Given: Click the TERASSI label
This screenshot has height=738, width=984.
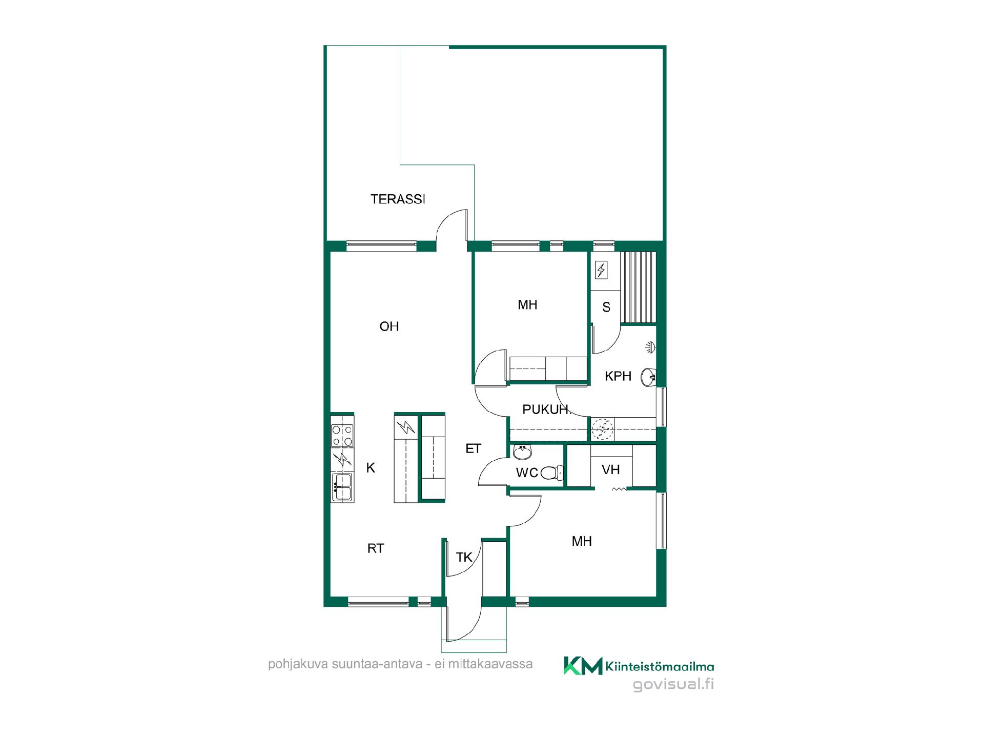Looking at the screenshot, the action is click(x=398, y=199).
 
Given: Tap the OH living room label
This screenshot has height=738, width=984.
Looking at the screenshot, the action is click(x=389, y=326).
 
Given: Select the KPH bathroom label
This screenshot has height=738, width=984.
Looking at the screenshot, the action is click(x=618, y=376).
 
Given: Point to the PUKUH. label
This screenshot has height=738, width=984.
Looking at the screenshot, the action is click(x=546, y=409).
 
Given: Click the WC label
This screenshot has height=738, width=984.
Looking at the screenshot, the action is click(x=527, y=473).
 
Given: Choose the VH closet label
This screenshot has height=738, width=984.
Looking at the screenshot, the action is click(x=611, y=469).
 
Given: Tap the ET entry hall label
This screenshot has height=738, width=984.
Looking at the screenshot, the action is click(x=473, y=449).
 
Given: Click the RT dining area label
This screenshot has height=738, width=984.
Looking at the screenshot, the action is click(x=376, y=548).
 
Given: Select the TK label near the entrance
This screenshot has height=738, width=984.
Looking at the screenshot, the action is click(x=464, y=558).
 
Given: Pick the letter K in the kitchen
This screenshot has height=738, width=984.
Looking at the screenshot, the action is click(x=371, y=467).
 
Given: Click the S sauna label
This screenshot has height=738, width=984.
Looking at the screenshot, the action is click(x=606, y=307).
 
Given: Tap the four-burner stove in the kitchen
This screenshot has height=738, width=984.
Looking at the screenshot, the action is click(x=342, y=435).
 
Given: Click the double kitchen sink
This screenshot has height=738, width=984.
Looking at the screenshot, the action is click(x=342, y=487).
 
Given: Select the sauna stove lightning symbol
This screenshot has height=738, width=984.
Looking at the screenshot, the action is click(x=601, y=270).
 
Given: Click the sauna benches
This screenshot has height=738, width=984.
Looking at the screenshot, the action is click(x=639, y=288).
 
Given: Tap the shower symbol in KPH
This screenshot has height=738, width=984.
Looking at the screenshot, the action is click(x=650, y=347).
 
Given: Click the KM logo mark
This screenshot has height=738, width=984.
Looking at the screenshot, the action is click(x=583, y=666).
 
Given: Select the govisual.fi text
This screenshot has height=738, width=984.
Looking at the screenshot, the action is click(x=673, y=685).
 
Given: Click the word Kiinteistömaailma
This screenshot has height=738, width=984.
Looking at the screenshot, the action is click(x=660, y=666).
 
